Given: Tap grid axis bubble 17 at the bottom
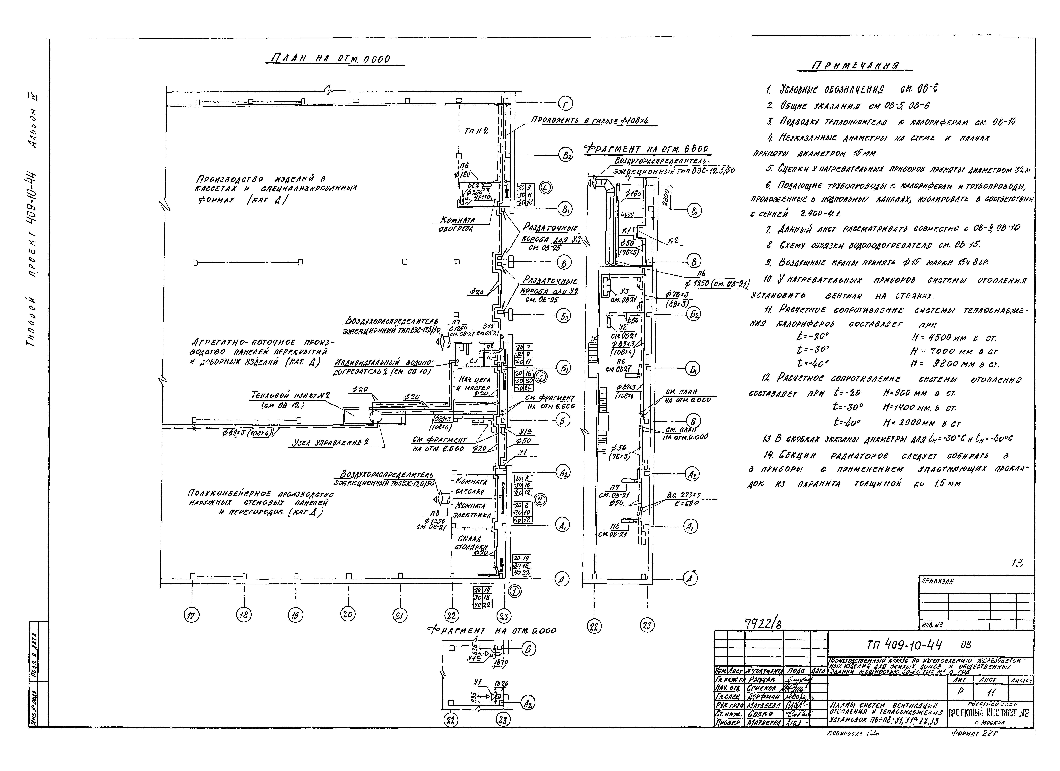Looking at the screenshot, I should [191, 616].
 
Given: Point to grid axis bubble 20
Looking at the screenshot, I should [347, 614].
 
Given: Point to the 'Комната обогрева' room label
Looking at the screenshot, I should [458, 224].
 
